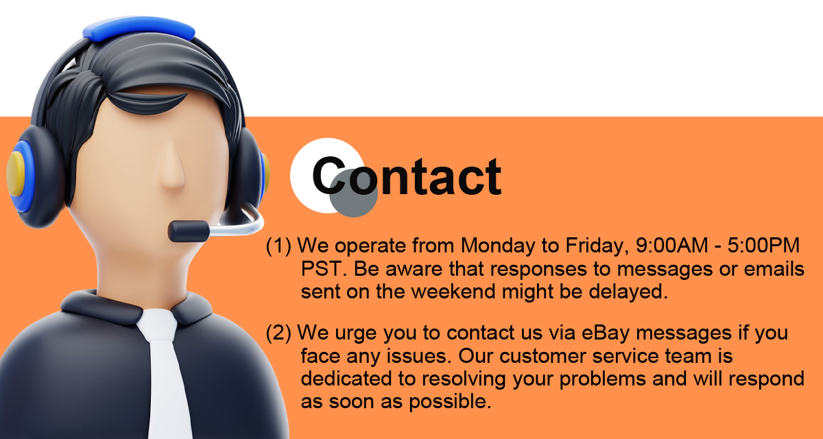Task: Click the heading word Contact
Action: click(x=407, y=176)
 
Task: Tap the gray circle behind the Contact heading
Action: click(x=353, y=193)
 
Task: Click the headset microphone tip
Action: click(x=189, y=231)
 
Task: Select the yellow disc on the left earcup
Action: click(x=15, y=174)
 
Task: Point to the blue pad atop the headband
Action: click(x=139, y=29)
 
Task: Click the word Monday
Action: click(x=498, y=246)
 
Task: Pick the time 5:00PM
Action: click(x=763, y=245)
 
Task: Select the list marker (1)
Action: click(x=278, y=246)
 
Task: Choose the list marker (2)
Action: click(x=278, y=333)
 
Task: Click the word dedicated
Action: click(x=346, y=379)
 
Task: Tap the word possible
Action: click(x=450, y=402)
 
